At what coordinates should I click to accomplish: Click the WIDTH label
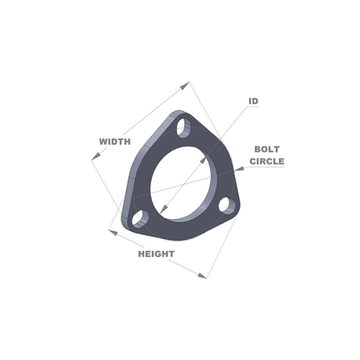click(x=115, y=142)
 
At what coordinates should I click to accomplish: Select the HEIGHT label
click(x=156, y=254)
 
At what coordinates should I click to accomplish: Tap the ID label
click(x=253, y=102)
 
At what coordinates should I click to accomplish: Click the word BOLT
click(x=267, y=149)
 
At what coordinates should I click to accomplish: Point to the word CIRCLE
click(x=267, y=161)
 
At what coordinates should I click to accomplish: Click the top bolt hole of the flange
click(x=184, y=128)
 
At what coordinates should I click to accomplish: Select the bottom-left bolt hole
click(x=140, y=219)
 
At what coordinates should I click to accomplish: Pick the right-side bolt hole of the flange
click(x=228, y=204)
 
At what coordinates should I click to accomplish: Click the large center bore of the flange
click(x=184, y=183)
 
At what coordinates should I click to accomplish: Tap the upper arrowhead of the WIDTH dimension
click(x=185, y=86)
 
